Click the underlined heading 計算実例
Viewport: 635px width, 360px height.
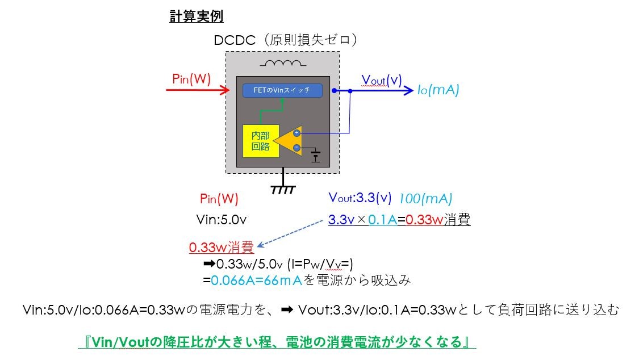pos(197,16)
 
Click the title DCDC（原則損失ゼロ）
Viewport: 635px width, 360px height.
pos(286,40)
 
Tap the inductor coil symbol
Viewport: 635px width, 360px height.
pos(283,63)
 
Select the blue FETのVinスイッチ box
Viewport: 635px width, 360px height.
pos(283,90)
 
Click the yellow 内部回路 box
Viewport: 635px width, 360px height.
pos(261,141)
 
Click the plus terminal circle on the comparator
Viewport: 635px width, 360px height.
pos(297,133)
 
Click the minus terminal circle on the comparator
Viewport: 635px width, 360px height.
pos(297,148)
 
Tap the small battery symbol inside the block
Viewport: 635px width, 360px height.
pos(315,156)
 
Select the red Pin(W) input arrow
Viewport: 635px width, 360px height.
pos(198,90)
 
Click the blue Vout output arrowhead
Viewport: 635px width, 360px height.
pos(408,90)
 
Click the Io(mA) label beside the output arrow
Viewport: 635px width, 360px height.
pos(438,90)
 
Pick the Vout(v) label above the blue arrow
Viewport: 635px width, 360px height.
pos(382,80)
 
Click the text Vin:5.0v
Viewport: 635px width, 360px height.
pos(222,220)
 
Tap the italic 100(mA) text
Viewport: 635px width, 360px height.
pos(425,198)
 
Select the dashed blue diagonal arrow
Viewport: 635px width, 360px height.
pos(290,233)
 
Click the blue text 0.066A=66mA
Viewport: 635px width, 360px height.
pos(257,281)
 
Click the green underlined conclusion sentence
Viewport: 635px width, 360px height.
pos(277,342)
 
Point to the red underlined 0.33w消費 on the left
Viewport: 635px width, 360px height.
pos(222,247)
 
